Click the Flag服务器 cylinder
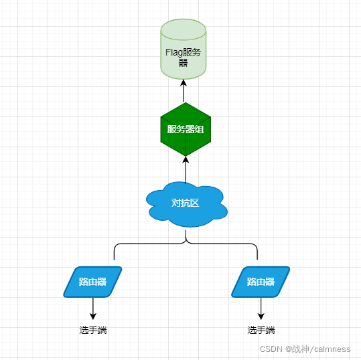point(184,50)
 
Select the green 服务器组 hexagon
point(186,129)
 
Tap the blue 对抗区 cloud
point(186,204)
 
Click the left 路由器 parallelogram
point(92,282)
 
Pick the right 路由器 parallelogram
point(261,282)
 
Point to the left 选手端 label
point(93,330)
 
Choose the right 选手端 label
point(261,330)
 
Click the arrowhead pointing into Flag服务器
point(184,83)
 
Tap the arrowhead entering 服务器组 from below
point(186,160)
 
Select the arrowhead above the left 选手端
point(93,317)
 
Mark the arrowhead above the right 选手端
point(261,317)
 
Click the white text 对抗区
point(186,203)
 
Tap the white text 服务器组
point(186,129)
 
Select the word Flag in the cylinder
point(174,53)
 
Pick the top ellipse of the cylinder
point(184,29)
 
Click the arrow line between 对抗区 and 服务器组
point(186,170)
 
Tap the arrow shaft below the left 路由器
point(93,308)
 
